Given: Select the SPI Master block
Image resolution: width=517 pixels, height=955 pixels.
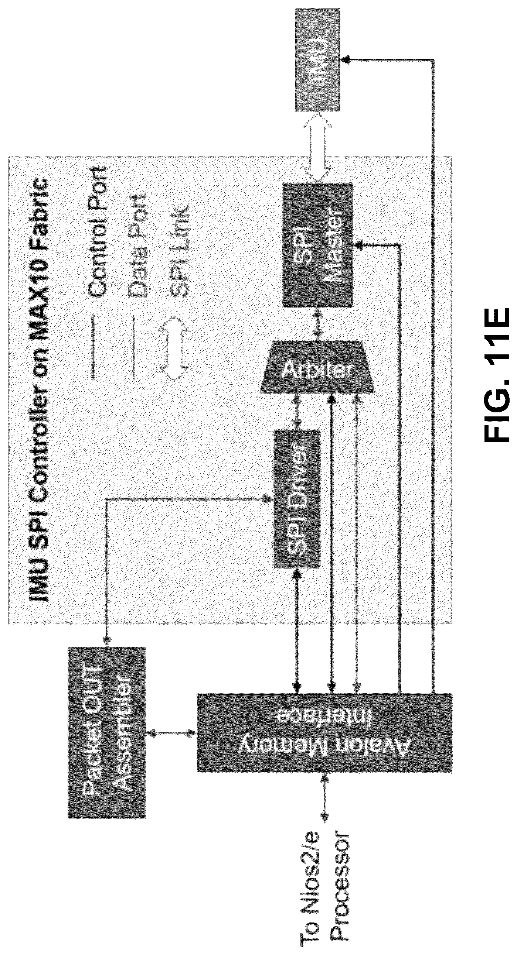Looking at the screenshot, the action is pos(317,245).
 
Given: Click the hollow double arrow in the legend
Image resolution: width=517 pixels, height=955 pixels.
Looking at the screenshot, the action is pos(174,348).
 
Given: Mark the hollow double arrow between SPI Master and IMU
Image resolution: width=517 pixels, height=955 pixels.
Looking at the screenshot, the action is pos(317,147).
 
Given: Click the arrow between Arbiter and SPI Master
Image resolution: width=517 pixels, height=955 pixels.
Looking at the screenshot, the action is pos(317,324).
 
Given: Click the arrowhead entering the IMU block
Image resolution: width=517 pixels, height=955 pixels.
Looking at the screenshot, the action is pos(346,59).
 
